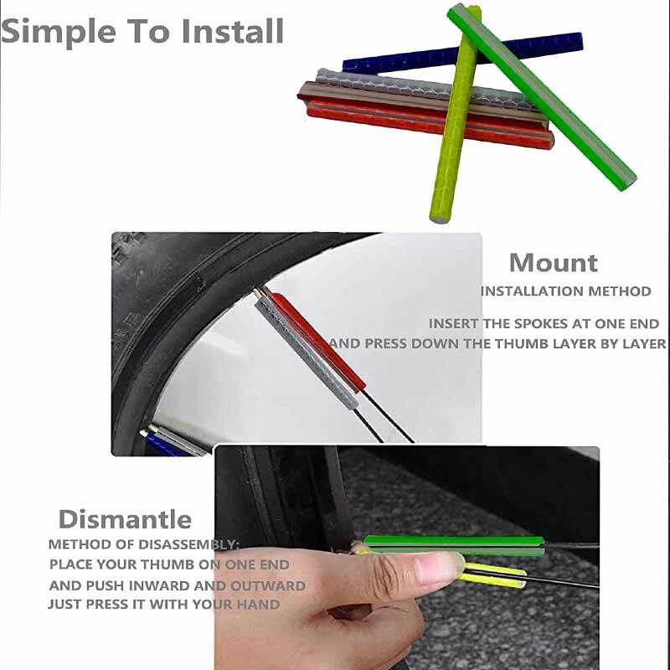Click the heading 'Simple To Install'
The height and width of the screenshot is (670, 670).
pyautogui.click(x=142, y=32)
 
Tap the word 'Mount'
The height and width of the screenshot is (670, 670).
pyautogui.click(x=554, y=263)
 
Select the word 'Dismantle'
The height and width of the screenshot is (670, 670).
pyautogui.click(x=125, y=519)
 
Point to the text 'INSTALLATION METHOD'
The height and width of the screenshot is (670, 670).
pyautogui.click(x=566, y=291)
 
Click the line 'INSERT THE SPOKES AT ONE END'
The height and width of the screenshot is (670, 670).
pyautogui.click(x=544, y=324)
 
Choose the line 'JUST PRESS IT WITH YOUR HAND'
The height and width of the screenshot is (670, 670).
pyautogui.click(x=164, y=604)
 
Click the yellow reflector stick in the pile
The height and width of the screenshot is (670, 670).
pyautogui.click(x=455, y=116)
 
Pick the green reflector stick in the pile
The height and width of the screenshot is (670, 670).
pyautogui.click(x=542, y=96)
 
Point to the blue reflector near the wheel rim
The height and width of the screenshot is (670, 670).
pyautogui.click(x=167, y=445)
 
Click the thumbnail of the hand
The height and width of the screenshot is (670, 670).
pyautogui.click(x=438, y=568)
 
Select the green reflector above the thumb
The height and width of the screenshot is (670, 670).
pyautogui.click(x=454, y=545)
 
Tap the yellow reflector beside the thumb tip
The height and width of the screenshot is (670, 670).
pyautogui.click(x=492, y=575)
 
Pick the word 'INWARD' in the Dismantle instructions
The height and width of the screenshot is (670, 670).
pyautogui.click(x=159, y=585)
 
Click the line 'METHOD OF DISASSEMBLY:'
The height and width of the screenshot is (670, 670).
pyautogui.click(x=143, y=544)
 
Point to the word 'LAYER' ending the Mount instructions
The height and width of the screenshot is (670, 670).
pyautogui.click(x=644, y=344)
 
